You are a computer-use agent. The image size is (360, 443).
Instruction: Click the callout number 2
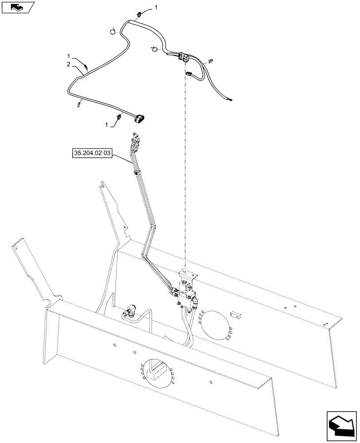(68, 65)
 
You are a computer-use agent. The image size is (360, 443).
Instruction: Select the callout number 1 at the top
(155, 8)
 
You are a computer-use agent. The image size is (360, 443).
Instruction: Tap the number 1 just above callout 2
(68, 57)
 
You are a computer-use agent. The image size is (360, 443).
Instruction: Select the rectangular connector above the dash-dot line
(183, 57)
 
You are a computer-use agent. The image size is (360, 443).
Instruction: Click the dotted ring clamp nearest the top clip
(113, 31)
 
